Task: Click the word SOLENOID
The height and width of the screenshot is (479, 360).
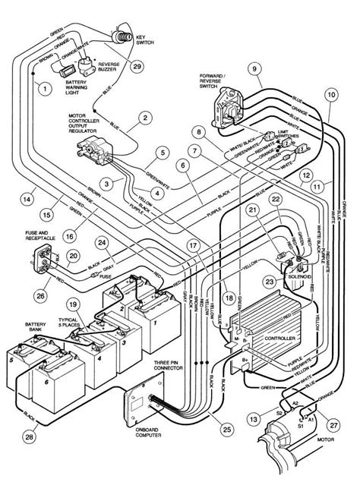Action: click(313, 274)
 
